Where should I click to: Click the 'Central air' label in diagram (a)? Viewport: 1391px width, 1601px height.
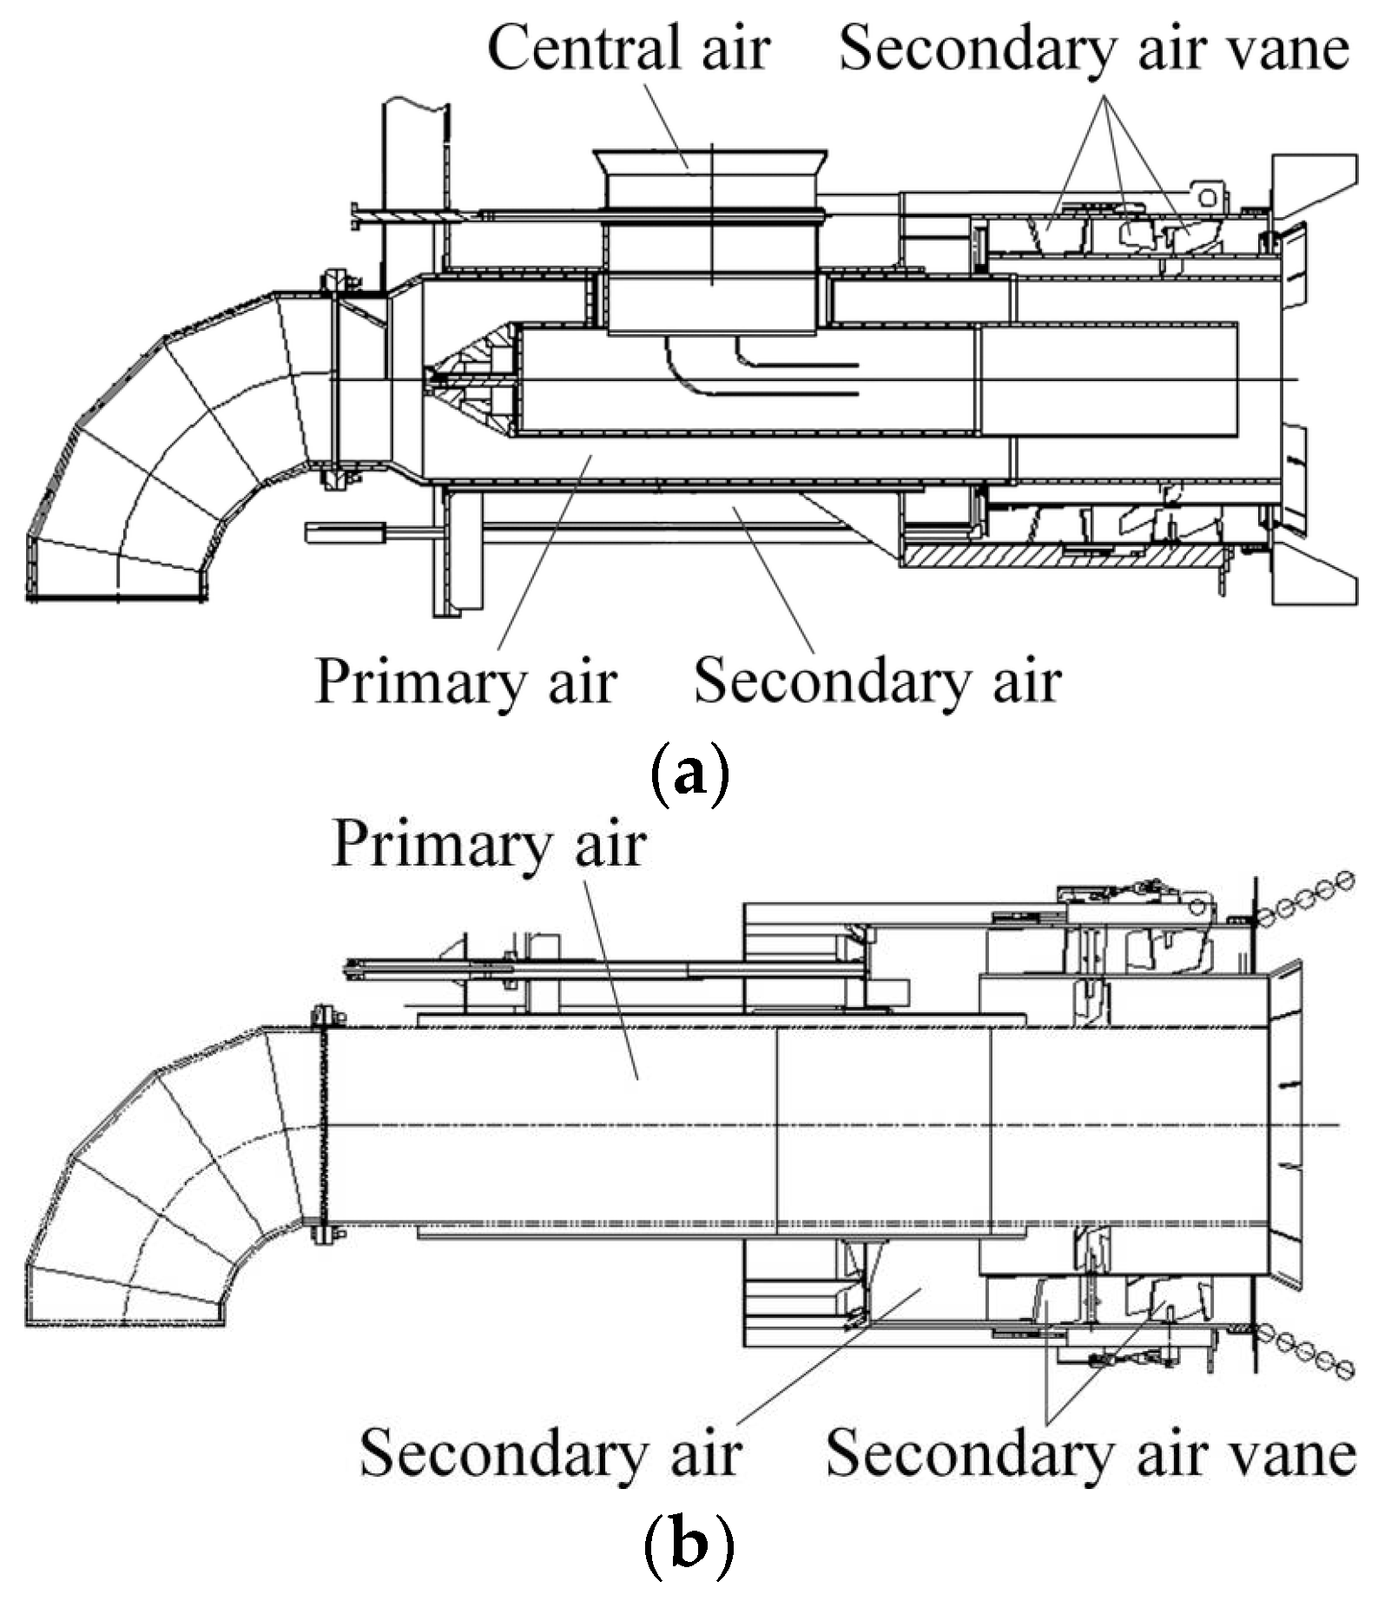point(629,48)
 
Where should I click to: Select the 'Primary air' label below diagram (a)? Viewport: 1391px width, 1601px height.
point(466,682)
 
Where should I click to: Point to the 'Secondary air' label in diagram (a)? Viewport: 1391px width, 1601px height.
point(877,682)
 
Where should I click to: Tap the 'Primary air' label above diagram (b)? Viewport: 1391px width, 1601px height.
point(489,844)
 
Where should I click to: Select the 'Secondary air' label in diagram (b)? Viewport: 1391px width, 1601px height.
point(550,1453)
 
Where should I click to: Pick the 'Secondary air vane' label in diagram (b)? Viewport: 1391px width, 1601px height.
point(1091,1453)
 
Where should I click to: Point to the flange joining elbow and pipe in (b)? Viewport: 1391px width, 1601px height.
point(325,1125)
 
